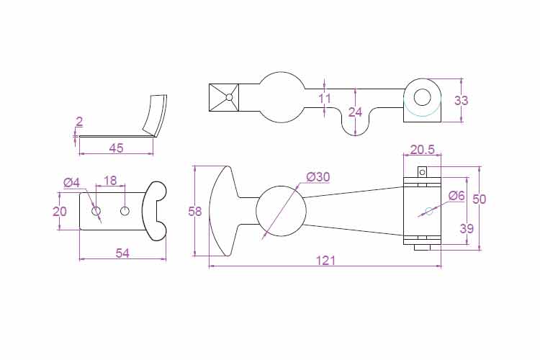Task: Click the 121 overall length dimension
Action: (x=325, y=261)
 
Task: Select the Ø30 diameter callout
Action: (x=318, y=177)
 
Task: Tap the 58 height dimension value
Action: (x=195, y=211)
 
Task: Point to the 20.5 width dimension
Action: (x=423, y=150)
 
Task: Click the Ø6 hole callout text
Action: (x=456, y=196)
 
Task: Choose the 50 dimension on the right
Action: (x=479, y=199)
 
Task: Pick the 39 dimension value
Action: (x=467, y=228)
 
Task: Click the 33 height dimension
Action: (x=461, y=101)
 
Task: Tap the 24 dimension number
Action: (x=356, y=112)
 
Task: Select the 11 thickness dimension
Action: (x=325, y=99)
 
